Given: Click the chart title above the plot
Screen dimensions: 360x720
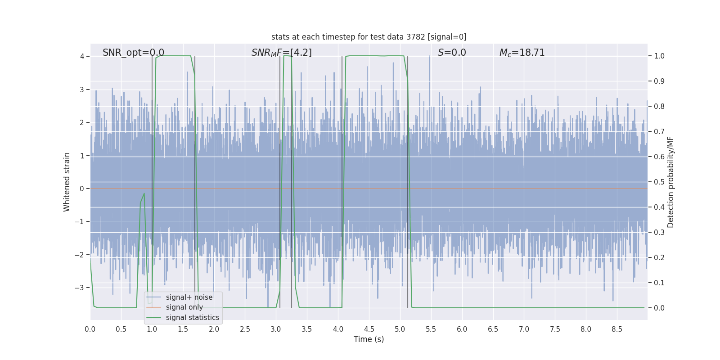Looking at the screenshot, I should [369, 37].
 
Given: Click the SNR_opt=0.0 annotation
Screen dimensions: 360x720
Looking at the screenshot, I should [133, 53].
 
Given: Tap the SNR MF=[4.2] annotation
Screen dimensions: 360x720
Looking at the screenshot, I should [281, 53].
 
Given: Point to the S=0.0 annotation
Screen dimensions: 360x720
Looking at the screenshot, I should [452, 53].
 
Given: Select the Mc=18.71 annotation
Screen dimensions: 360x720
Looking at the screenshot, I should [522, 53].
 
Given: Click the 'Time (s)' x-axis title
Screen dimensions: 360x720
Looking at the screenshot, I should [369, 339].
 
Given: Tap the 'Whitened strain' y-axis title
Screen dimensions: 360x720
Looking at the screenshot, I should [67, 182].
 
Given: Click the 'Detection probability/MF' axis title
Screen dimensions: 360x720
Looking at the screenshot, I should [670, 182].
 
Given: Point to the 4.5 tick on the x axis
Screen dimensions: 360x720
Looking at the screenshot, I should [369, 329].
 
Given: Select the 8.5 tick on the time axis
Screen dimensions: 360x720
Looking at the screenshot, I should [617, 329].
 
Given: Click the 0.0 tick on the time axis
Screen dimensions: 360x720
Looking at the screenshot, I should [90, 329].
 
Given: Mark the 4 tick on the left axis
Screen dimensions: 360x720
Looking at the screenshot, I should [82, 56].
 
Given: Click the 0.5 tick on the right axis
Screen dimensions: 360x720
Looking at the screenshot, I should [659, 182].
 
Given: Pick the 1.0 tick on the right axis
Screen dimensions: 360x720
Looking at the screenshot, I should [659, 56].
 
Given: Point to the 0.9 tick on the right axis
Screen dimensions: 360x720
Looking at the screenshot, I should [659, 81].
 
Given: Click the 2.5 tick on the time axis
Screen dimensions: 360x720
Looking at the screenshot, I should [245, 329].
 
